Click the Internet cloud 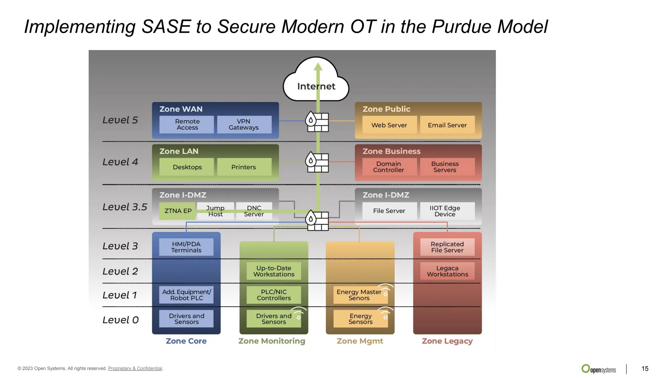[316, 80]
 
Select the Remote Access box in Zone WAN [187, 124]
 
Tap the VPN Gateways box [244, 124]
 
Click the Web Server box [389, 125]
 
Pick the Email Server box [447, 125]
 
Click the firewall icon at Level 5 [317, 121]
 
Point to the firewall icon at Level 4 [317, 162]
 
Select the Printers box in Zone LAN [244, 167]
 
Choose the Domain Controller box [389, 167]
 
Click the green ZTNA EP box [178, 211]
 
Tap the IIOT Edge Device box [445, 211]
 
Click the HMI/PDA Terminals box [186, 247]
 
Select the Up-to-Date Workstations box [274, 271]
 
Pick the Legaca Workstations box [447, 271]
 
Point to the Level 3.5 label [125, 207]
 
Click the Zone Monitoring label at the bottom [272, 341]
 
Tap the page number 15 [645, 368]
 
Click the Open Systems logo [598, 369]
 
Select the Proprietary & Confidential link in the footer [135, 368]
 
